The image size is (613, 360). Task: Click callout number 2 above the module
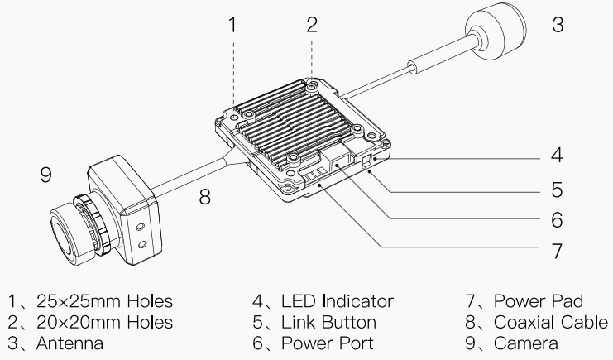click(311, 24)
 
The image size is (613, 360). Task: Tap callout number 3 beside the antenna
click(558, 24)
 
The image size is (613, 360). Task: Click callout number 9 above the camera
click(45, 175)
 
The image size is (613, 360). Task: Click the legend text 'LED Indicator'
click(338, 301)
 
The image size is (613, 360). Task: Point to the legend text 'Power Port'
click(328, 342)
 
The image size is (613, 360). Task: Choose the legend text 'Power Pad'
click(541, 301)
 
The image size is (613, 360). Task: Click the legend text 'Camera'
click(526, 342)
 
